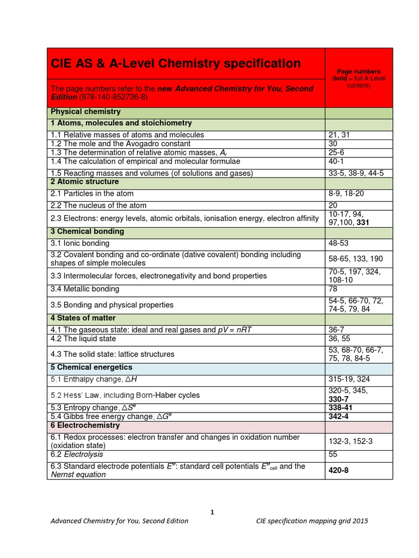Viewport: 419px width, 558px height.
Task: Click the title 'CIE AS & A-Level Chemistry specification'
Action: tap(175, 64)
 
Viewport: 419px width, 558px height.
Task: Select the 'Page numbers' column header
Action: tap(358, 71)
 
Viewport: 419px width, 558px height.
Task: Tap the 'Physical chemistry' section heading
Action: tap(86, 112)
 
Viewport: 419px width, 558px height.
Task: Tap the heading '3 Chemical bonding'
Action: tap(87, 232)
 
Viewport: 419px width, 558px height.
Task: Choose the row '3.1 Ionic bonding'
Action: tap(80, 244)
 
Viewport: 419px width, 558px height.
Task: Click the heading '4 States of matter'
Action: tap(83, 318)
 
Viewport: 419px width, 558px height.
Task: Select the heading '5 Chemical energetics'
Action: tap(91, 368)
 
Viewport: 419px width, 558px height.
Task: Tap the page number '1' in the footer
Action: tap(213, 512)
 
